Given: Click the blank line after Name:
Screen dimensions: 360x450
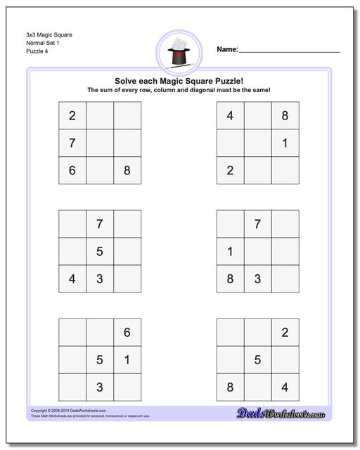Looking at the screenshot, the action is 289,51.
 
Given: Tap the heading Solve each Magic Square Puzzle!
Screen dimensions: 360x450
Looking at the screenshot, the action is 179,80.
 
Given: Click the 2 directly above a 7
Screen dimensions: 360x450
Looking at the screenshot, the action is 72,116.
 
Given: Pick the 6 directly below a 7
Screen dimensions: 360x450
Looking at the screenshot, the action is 72,170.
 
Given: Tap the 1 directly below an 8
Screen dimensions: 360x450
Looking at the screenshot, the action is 285,143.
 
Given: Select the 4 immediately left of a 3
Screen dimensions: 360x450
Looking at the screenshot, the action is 72,278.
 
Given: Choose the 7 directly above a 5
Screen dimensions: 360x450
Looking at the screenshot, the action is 100,224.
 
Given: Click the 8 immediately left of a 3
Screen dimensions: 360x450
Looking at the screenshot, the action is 231,278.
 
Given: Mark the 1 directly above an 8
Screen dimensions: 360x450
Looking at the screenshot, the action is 231,251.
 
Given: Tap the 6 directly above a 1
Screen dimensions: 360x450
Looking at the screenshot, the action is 127,333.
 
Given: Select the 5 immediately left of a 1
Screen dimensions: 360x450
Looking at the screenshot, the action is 100,360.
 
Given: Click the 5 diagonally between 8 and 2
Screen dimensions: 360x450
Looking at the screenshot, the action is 257,360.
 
